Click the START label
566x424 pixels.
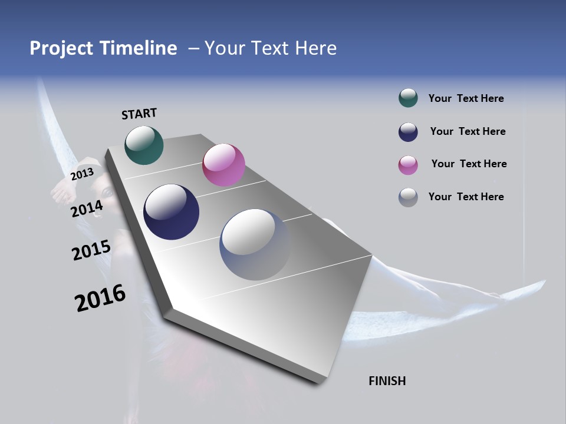pyautogui.click(x=139, y=114)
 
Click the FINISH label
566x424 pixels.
pyautogui.click(x=387, y=381)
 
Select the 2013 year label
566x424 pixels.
pyautogui.click(x=82, y=174)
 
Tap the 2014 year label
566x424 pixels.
pyautogui.click(x=87, y=208)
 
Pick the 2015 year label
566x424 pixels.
pyautogui.click(x=91, y=250)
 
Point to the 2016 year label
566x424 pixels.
pyautogui.click(x=100, y=298)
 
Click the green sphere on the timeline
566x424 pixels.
pyautogui.click(x=144, y=145)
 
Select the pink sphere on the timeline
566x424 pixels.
pyautogui.click(x=223, y=165)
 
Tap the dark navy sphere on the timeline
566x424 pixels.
pyautogui.click(x=171, y=212)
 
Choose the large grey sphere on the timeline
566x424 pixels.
pyautogui.click(x=255, y=244)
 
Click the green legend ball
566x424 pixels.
pyautogui.click(x=408, y=98)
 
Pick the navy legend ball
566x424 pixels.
pyautogui.click(x=408, y=131)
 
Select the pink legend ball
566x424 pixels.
pyautogui.click(x=408, y=164)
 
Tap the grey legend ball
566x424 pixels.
pyautogui.click(x=408, y=197)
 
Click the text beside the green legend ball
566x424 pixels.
pyautogui.click(x=466, y=98)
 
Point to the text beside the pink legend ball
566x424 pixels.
pyautogui.click(x=469, y=164)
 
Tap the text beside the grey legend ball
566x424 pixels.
pyautogui.click(x=466, y=197)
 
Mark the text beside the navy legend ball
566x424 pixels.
pyautogui.click(x=468, y=131)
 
